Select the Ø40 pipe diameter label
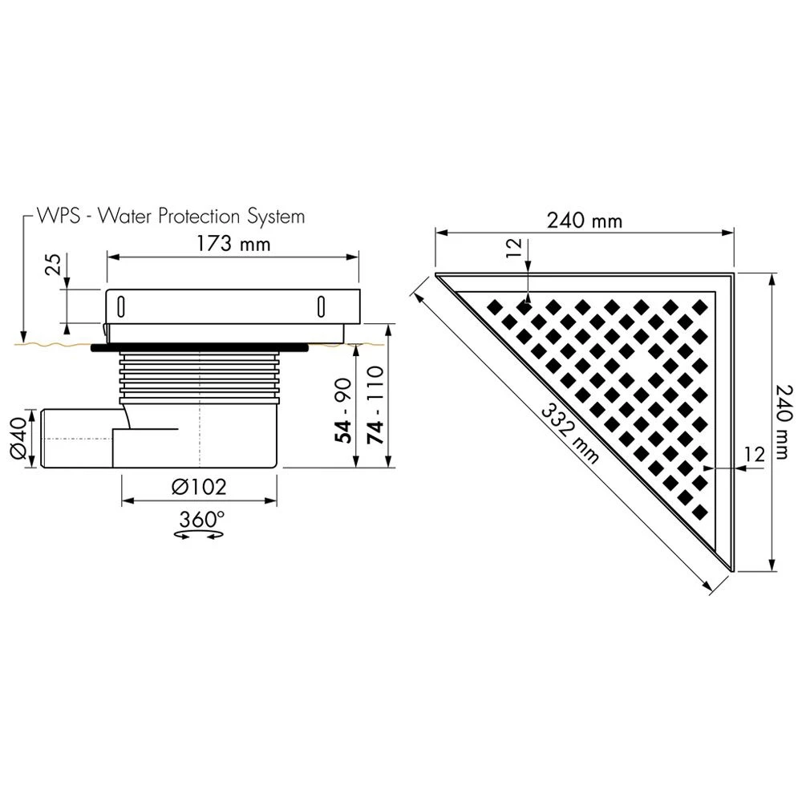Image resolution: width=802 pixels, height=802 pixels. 18,439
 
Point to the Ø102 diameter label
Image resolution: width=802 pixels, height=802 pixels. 200,486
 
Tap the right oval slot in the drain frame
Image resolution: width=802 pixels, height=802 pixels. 322,306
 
